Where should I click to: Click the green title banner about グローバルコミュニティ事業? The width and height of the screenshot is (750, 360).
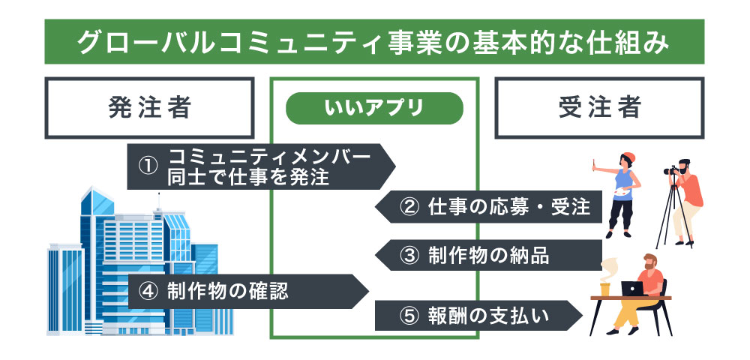pos(374,42)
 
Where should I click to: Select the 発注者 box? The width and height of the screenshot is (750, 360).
pos(149,108)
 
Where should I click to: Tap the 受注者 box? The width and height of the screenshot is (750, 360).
pos(599,108)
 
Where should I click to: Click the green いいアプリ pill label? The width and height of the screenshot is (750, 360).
pos(374,108)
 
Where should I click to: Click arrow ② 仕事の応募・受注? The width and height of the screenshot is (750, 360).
pos(491,208)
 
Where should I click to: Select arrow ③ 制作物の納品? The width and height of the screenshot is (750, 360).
pos(491,254)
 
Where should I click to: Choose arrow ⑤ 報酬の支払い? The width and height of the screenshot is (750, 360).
pos(480,315)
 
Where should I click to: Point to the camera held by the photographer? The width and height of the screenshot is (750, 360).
pos(672,170)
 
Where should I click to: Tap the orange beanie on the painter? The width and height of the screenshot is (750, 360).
pos(628,157)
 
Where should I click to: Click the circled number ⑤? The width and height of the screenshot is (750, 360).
pos(409,316)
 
